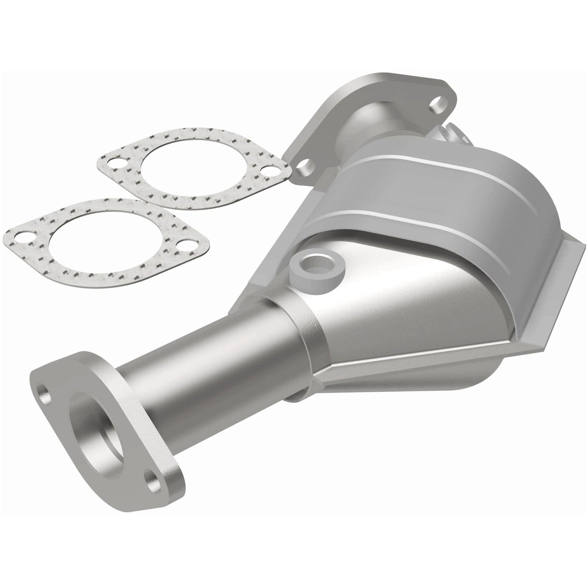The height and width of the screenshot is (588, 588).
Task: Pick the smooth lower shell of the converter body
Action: tap(407, 309)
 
